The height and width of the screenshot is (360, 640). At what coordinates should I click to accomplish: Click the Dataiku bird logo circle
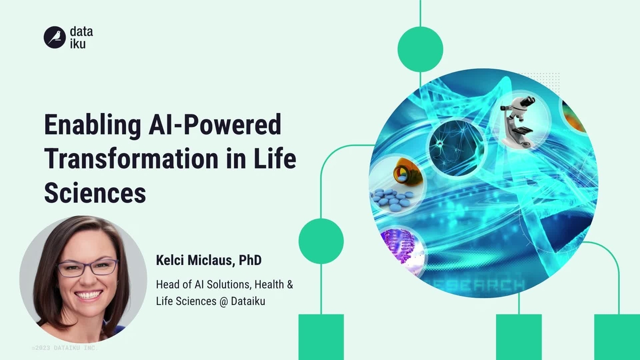tap(54, 37)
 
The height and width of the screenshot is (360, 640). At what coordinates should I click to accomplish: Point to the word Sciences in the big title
tap(95, 193)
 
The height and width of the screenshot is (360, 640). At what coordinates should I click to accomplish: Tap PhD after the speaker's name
tap(250, 261)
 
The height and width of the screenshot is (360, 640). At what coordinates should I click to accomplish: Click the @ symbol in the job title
tap(222, 301)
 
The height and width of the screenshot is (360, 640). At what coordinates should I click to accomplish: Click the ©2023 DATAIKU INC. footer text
tap(65, 348)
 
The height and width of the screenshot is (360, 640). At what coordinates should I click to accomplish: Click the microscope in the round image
tap(518, 121)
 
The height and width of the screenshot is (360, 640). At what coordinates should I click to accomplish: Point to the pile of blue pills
tap(391, 199)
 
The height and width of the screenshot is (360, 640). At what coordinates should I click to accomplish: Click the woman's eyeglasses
tap(87, 267)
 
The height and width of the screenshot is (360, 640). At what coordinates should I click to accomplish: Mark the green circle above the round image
tap(420, 49)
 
